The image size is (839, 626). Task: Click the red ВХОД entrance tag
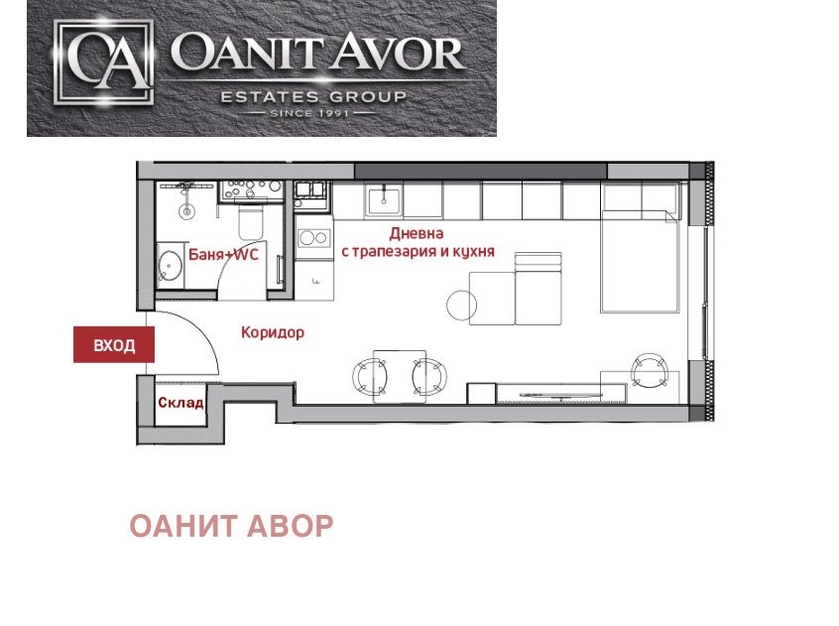(115, 346)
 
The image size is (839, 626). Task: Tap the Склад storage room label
(180, 403)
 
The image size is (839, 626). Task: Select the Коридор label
(273, 333)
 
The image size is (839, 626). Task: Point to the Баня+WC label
(223, 255)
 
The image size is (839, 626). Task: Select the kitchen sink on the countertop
(382, 201)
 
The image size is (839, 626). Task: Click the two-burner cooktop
(313, 238)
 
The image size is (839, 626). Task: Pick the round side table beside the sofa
(461, 304)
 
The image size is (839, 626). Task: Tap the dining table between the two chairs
(400, 374)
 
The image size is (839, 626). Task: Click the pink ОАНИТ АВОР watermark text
(231, 527)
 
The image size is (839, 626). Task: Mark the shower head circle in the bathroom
(184, 210)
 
